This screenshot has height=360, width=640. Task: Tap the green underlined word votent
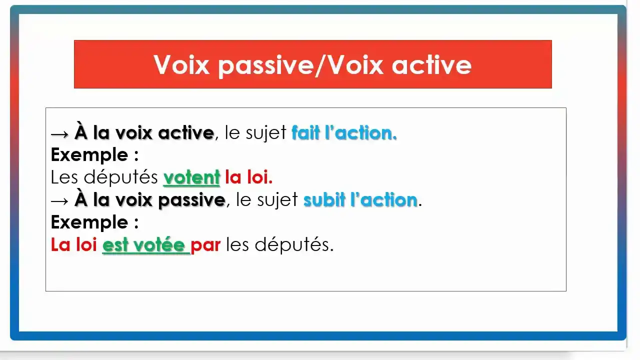point(192,177)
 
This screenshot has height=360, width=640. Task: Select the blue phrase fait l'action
point(344,133)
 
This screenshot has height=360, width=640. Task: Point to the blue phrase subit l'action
point(360,200)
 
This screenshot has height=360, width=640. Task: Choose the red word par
point(205,245)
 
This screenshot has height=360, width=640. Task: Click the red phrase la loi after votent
point(248,177)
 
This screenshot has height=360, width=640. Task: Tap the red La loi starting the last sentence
point(74,245)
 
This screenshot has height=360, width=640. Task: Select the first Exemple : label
point(94,155)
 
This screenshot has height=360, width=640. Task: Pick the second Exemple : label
point(94,222)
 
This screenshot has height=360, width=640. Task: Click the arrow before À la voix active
point(60,133)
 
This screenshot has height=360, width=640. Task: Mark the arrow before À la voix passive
point(60,200)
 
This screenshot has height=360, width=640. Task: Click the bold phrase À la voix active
point(144,133)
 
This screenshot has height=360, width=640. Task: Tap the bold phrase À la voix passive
point(150,200)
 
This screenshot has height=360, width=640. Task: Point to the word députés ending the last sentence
point(294,245)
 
